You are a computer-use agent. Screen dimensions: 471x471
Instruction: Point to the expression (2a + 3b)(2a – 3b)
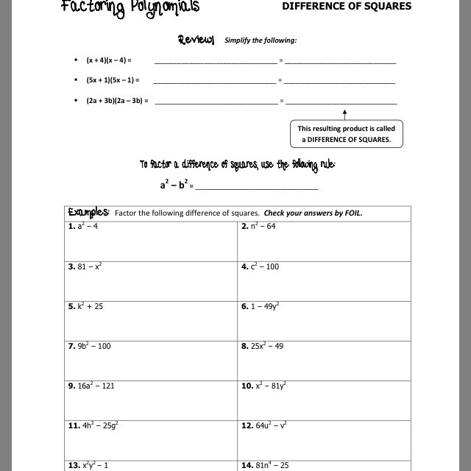point(116,100)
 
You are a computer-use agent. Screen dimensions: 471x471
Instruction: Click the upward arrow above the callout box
point(344,113)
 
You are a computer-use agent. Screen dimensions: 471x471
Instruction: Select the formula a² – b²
point(174,184)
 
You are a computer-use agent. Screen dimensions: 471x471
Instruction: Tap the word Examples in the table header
point(88,213)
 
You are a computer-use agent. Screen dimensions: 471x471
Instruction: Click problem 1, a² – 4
point(83,227)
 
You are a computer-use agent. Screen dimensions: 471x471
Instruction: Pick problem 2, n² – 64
point(258,227)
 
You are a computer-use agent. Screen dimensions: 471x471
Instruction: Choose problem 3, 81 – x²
point(85,266)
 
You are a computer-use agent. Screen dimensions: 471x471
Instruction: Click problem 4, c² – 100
point(261,266)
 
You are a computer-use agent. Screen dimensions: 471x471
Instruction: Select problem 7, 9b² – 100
point(89,346)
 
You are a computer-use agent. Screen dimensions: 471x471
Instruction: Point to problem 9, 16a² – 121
point(91,386)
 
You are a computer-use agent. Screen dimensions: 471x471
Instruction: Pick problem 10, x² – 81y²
point(263,386)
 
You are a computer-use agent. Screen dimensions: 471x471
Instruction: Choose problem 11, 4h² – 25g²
point(93,425)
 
